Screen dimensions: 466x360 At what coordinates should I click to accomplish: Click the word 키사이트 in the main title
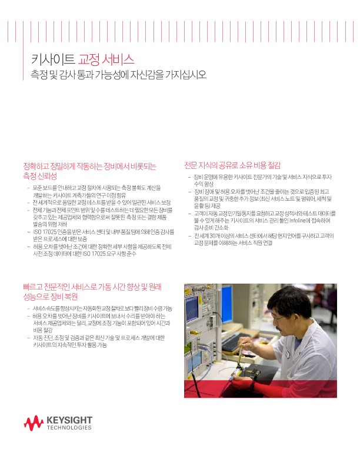tap(53, 59)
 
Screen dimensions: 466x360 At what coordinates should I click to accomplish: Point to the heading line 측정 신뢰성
tap(39, 176)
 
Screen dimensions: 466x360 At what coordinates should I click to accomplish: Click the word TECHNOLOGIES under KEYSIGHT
tap(69, 428)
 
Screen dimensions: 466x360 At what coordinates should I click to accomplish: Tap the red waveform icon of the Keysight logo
tap(34, 423)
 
